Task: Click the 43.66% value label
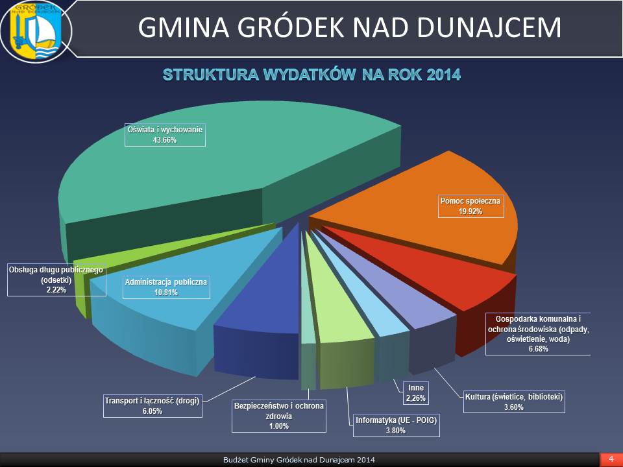[164, 140]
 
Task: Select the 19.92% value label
[470, 211]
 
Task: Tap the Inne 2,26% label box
[416, 393]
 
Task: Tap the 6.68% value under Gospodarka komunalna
[539, 349]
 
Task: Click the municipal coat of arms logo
[36, 31]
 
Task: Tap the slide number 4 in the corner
[611, 459]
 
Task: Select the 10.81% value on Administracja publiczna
[166, 293]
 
